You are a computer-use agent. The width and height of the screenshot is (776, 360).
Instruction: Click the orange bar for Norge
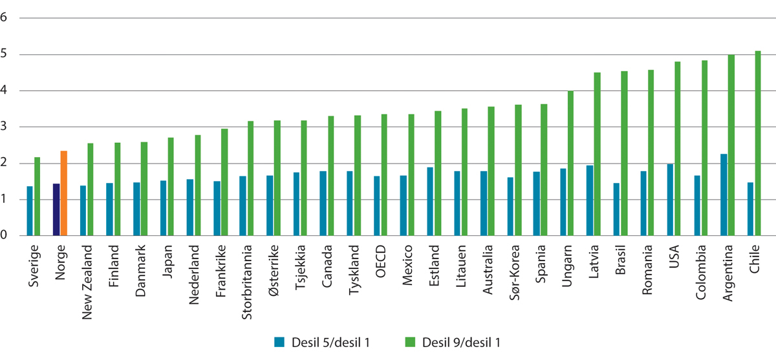63,193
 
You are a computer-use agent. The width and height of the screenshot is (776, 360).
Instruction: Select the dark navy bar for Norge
56,209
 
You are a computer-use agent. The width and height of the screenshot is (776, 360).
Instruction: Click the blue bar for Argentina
724,195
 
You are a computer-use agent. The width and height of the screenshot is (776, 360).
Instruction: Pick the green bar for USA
678,149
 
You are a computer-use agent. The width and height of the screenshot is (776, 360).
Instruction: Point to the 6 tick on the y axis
5,17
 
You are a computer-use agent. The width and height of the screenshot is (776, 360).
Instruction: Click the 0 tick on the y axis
5,236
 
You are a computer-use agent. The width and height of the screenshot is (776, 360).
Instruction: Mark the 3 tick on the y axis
5,127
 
